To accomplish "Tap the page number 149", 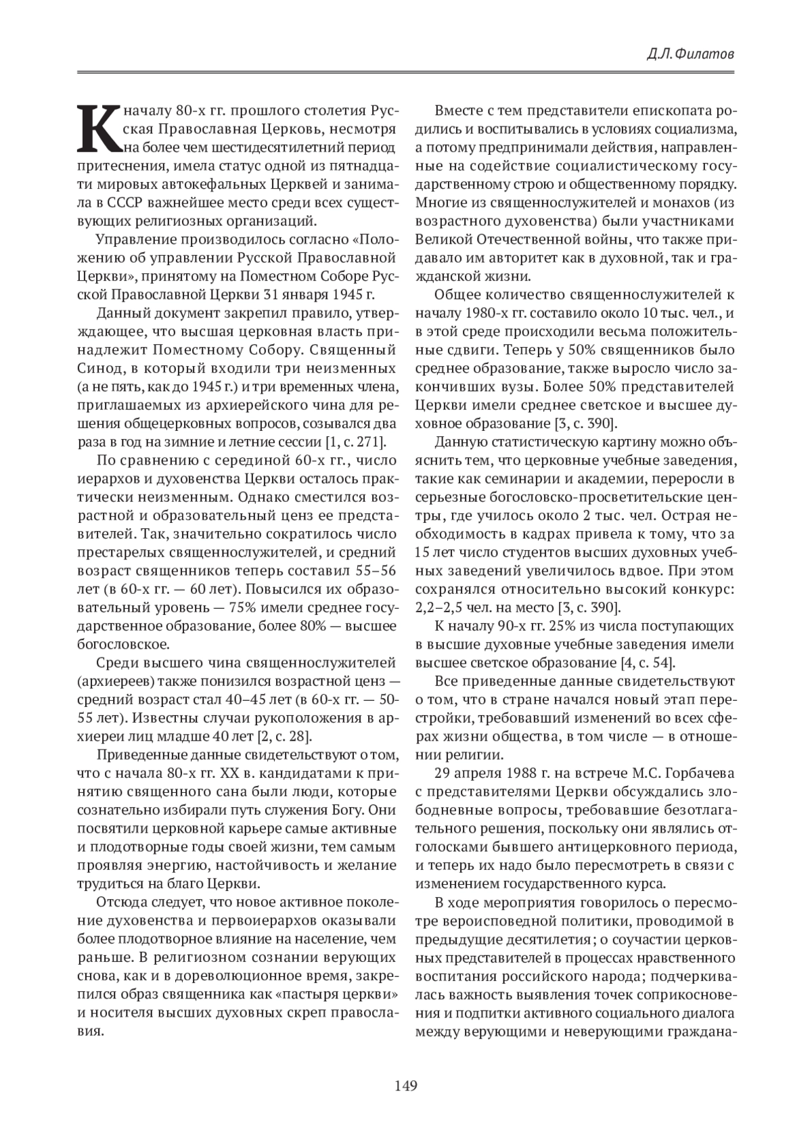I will tap(405, 1086).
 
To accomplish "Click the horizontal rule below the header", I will tap(405, 72).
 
